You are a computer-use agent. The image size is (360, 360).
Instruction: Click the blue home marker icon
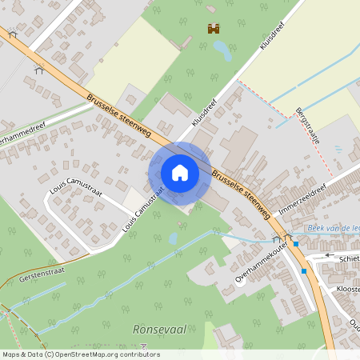(x=180, y=173)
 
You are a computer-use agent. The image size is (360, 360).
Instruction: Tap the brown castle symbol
(x=214, y=29)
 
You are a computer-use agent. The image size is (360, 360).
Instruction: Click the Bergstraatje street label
(x=307, y=126)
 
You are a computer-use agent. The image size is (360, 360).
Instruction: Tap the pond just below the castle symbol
(x=222, y=52)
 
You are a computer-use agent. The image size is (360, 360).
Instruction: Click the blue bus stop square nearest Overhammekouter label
(x=295, y=243)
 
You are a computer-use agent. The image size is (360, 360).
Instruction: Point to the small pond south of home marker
(x=173, y=238)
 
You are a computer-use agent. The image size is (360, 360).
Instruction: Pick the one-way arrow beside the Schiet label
(x=330, y=257)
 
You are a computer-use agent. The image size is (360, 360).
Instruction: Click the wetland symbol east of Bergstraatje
(x=338, y=149)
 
